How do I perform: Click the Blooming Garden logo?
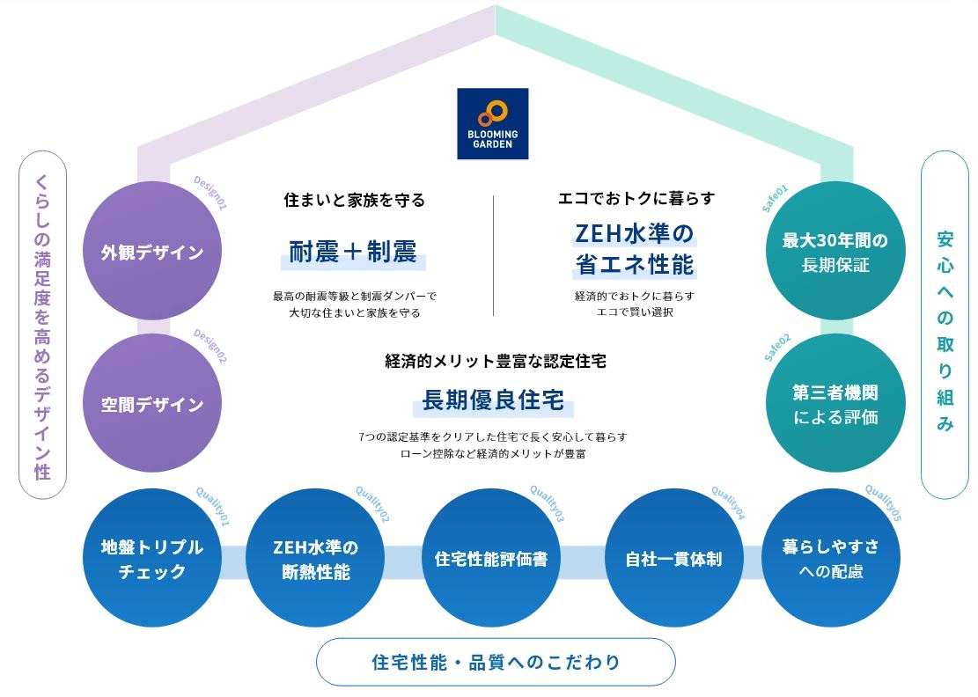click(493, 123)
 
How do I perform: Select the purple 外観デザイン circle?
click(152, 253)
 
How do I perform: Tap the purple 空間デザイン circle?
click(152, 405)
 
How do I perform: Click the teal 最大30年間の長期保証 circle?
click(835, 252)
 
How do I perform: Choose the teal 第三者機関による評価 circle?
click(835, 404)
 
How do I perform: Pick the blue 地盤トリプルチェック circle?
click(152, 558)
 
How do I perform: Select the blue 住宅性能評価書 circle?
click(491, 558)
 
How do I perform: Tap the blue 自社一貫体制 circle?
click(673, 558)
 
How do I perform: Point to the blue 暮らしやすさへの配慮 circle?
click(830, 558)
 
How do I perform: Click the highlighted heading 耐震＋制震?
click(354, 252)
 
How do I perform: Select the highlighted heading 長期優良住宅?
click(493, 402)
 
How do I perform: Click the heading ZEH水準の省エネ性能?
click(635, 249)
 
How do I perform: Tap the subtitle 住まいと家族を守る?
click(354, 201)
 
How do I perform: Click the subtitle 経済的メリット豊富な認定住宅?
click(496, 361)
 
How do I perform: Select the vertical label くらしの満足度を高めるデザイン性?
click(42, 326)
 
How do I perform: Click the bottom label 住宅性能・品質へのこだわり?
click(496, 662)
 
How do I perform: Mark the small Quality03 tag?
click(547, 503)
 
